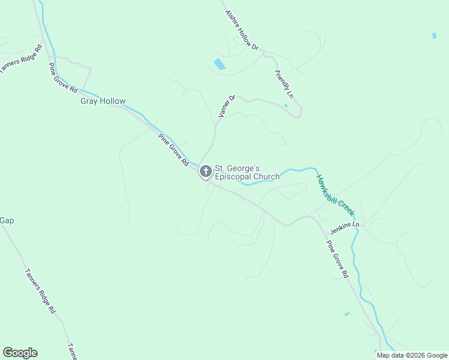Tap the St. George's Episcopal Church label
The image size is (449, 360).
point(247,172)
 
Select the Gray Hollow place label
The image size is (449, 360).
point(103,101)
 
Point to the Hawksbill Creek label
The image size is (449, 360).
point(336,195)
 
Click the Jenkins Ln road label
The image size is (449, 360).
point(345,228)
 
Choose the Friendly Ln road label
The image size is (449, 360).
point(284,84)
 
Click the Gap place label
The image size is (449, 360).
point(7,220)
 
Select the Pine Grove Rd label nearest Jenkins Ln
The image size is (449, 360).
point(337,259)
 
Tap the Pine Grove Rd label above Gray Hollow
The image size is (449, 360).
point(63,77)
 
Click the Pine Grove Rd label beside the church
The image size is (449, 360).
point(174,150)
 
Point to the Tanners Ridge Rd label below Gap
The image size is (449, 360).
point(40,291)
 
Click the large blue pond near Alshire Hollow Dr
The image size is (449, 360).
point(220,64)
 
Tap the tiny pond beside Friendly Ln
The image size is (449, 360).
point(286,106)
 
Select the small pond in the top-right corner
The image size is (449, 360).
point(434,36)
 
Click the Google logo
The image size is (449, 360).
point(20,352)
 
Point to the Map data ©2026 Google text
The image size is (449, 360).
point(411,355)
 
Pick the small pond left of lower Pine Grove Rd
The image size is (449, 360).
point(347,314)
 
